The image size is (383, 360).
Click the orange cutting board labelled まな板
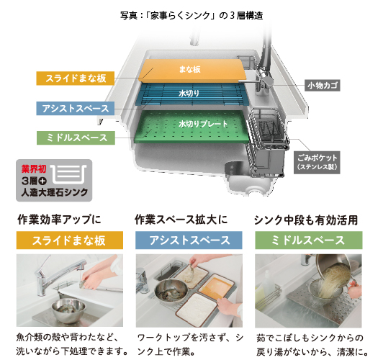click(191, 70)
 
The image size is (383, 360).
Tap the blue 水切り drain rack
click(191, 94)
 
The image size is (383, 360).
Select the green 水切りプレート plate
click(191, 126)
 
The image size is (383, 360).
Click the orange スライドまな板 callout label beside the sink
click(75, 78)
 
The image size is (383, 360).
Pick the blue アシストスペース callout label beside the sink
click(75, 109)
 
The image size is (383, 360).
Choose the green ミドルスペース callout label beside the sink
click(76, 138)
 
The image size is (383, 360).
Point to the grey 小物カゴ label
click(323, 86)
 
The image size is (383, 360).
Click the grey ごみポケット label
click(317, 163)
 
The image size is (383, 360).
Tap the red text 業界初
click(34, 168)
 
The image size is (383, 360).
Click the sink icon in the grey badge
click(68, 174)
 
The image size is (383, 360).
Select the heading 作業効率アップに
click(59, 220)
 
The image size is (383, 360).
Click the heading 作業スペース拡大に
click(181, 220)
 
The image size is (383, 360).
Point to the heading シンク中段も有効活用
click(306, 220)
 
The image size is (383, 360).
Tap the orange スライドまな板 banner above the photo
click(70, 240)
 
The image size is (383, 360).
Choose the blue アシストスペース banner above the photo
click(189, 240)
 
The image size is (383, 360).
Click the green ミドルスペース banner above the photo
click(309, 240)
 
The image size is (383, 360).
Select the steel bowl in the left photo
click(68, 310)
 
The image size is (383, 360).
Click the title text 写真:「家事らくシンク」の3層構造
click(191, 16)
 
